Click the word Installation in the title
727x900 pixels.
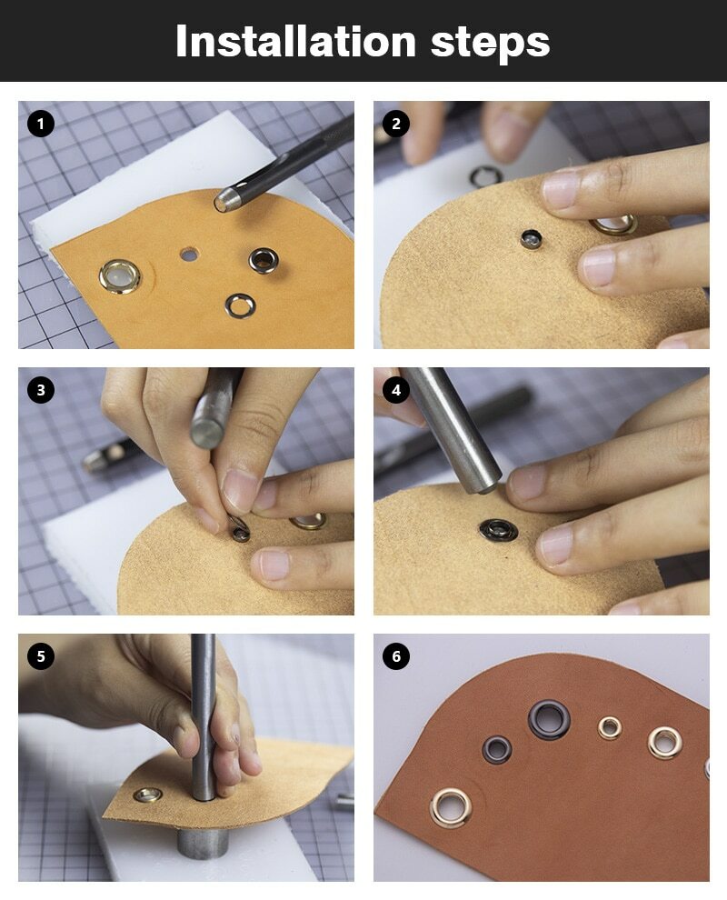295,41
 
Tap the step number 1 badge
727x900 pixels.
41,124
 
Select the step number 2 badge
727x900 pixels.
396,124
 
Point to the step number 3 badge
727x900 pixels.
41,390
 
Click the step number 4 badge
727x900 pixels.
396,390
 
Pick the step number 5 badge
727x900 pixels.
41,656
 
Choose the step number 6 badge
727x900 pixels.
396,656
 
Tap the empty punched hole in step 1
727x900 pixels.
187,254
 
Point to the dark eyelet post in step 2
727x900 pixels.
532,239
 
